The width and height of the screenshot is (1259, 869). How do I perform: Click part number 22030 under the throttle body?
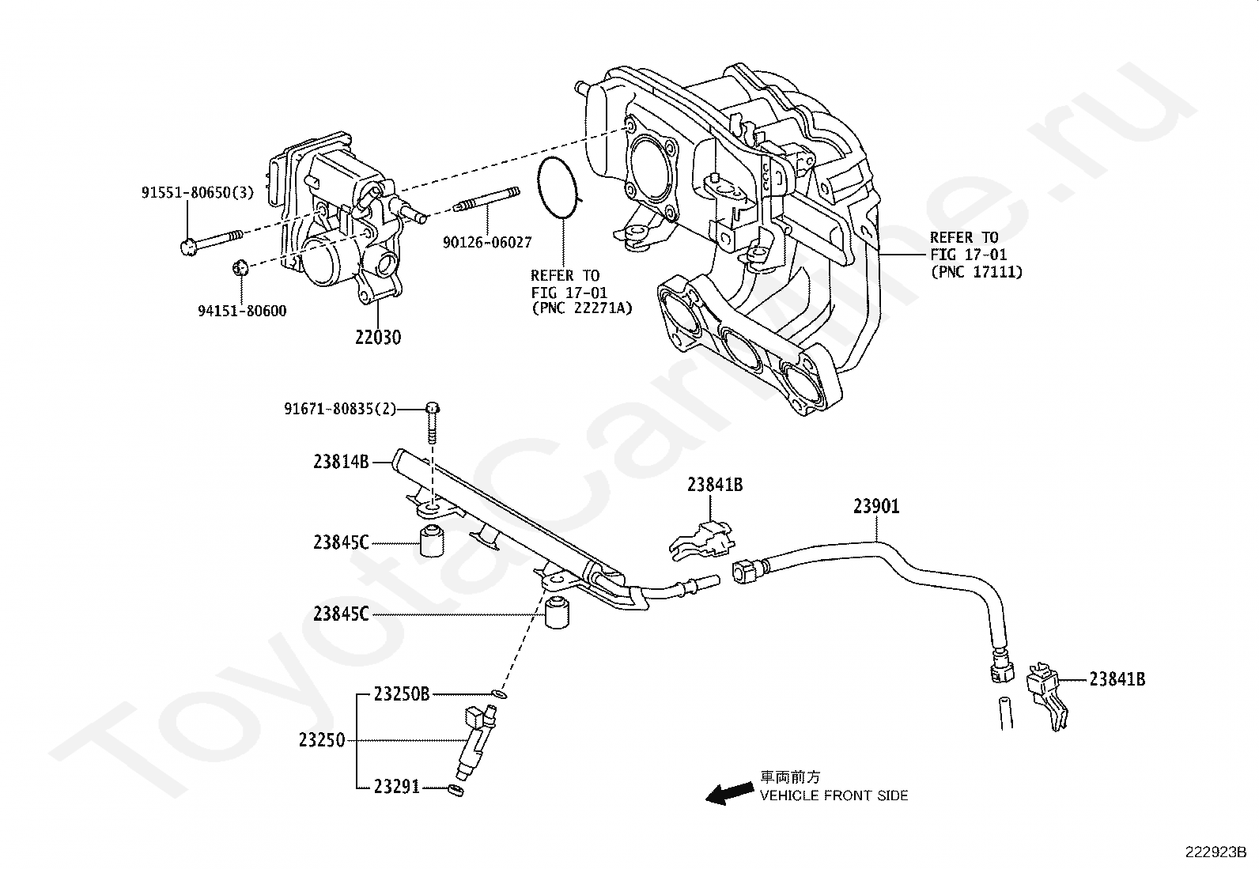click(x=377, y=337)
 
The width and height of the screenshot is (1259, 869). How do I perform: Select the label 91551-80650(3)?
click(x=198, y=192)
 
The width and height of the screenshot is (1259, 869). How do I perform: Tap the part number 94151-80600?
click(x=241, y=311)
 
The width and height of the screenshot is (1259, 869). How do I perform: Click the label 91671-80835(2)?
click(x=340, y=409)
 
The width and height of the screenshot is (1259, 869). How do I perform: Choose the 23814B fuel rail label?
click(x=341, y=462)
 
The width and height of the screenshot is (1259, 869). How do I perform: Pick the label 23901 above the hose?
click(x=876, y=506)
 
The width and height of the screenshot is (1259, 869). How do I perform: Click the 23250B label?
click(x=402, y=694)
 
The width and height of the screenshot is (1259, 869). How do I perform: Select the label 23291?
click(x=397, y=787)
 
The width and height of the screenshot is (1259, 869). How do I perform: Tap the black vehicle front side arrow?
click(x=728, y=792)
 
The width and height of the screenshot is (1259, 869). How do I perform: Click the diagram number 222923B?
click(x=1215, y=852)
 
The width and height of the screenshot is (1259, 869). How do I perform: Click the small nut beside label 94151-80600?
click(x=241, y=267)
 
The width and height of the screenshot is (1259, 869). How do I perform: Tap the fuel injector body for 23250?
click(x=475, y=742)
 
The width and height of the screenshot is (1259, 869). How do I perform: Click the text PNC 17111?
click(x=976, y=272)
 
